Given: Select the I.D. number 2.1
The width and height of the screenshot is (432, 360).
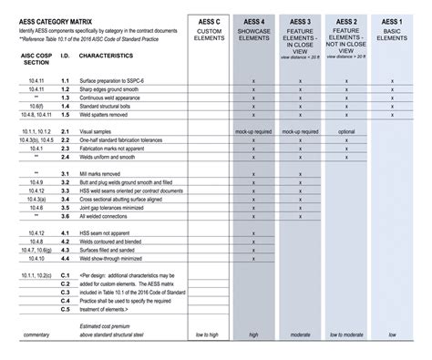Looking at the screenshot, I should (66, 132).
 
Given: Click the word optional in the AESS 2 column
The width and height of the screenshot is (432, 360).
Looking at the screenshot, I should (346, 132).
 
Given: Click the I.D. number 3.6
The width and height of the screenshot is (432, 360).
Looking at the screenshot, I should (66, 217).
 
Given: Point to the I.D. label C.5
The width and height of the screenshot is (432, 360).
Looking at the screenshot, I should (66, 309).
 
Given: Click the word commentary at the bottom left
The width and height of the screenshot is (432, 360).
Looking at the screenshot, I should (36, 334).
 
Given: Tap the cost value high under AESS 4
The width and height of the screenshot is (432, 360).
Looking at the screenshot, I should (254, 334).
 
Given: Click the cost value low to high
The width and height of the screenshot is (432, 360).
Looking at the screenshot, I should (208, 334).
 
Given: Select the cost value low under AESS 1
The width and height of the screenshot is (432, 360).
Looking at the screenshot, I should (393, 334).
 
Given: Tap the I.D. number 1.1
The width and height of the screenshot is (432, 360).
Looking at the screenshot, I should (66, 81).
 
